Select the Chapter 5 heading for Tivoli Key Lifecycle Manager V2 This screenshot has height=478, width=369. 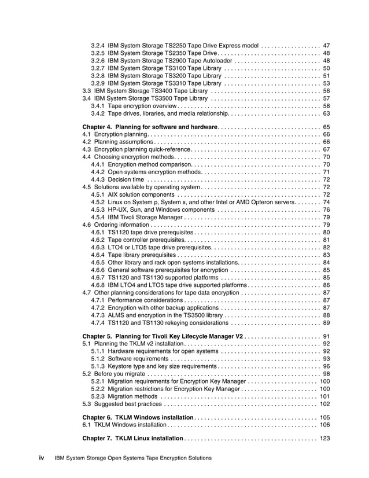(163, 336)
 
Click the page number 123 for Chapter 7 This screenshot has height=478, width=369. (324, 438)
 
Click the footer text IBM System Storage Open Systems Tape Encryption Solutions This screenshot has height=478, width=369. (132, 458)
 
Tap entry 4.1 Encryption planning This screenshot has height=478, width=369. (116, 134)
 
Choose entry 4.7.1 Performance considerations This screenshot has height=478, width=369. (138, 300)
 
